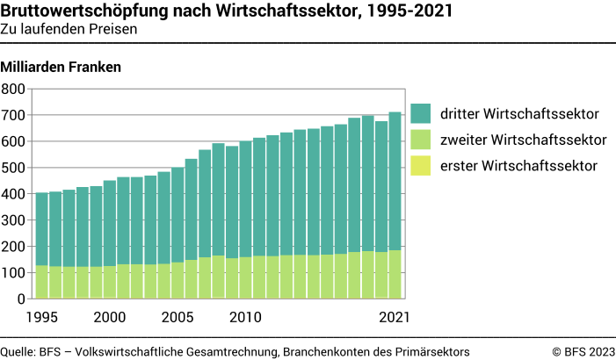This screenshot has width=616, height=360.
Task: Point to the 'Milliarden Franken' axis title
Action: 61,67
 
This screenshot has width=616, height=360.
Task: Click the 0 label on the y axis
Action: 21,299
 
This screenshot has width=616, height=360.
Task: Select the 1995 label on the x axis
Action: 41,316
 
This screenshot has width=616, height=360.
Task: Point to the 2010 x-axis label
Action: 245,316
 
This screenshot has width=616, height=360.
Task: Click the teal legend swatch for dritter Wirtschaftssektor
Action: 421,113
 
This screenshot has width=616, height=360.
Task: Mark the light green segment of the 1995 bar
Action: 41,281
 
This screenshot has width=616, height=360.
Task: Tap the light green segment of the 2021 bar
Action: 395,274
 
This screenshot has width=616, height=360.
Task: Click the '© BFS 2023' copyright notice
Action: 583,351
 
